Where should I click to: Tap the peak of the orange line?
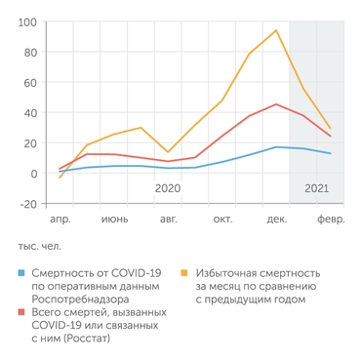[277, 30]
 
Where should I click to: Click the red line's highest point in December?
[277, 104]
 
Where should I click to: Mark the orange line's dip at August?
[169, 152]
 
